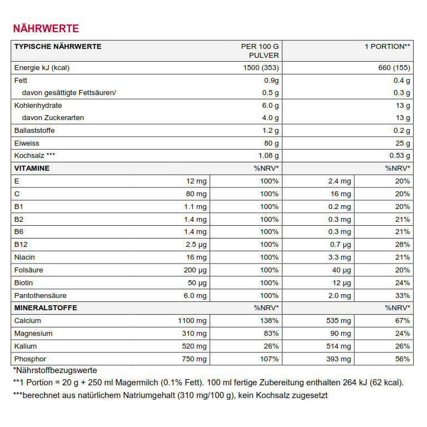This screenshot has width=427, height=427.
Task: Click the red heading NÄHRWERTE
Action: pos(46,28)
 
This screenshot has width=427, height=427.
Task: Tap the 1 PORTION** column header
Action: pos(388,46)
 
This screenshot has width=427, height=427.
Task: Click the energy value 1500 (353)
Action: pos(260,68)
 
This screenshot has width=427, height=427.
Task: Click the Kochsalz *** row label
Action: pos(35,156)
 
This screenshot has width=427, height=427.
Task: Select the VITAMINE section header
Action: pos(32,168)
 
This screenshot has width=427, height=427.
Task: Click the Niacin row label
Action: pos(24,257)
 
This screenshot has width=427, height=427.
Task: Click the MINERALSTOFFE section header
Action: pos(46,307)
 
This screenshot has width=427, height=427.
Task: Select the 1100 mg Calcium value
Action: pos(193,321)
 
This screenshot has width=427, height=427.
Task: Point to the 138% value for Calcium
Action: pos(269,321)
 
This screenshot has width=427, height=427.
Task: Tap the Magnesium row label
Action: pos(33,334)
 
